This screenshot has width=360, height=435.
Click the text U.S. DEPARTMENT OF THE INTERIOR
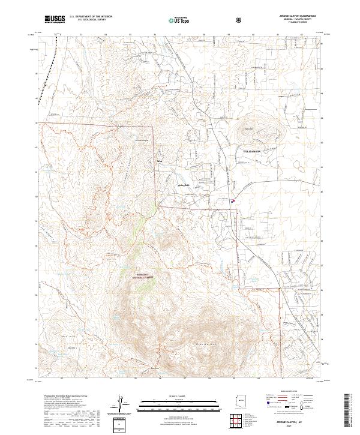pos(91,17)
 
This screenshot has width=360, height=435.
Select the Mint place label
pos(159,161)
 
